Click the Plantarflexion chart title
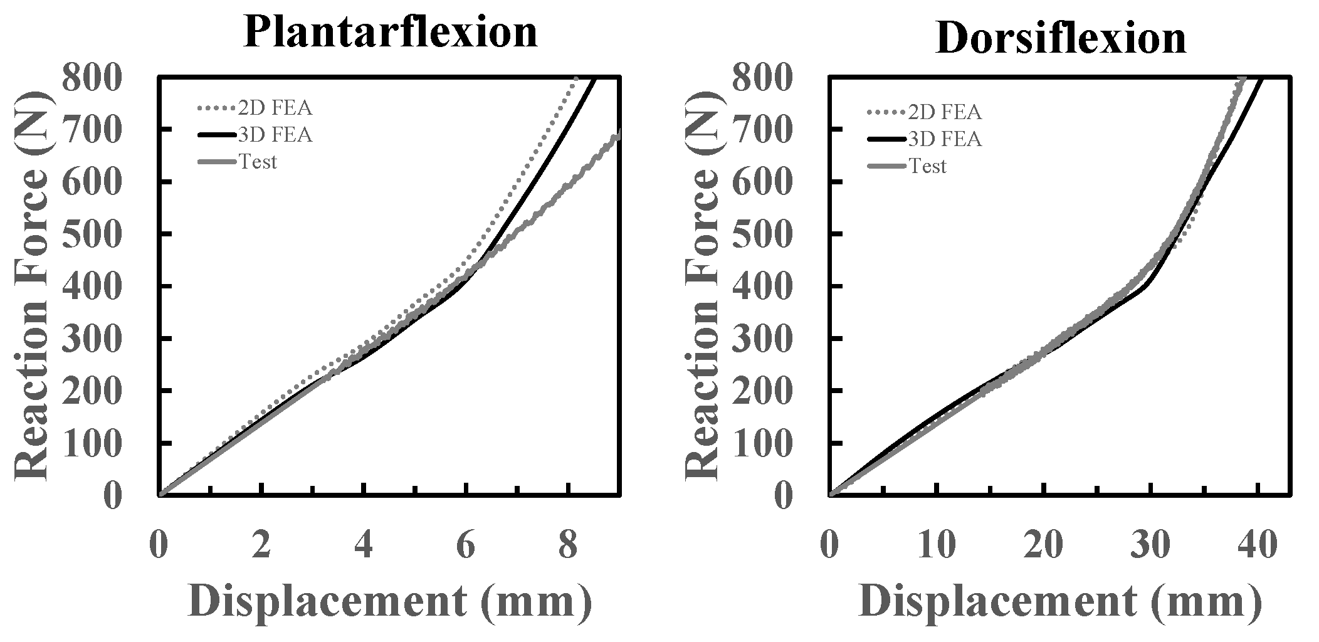390,31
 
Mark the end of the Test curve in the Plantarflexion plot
619,132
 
